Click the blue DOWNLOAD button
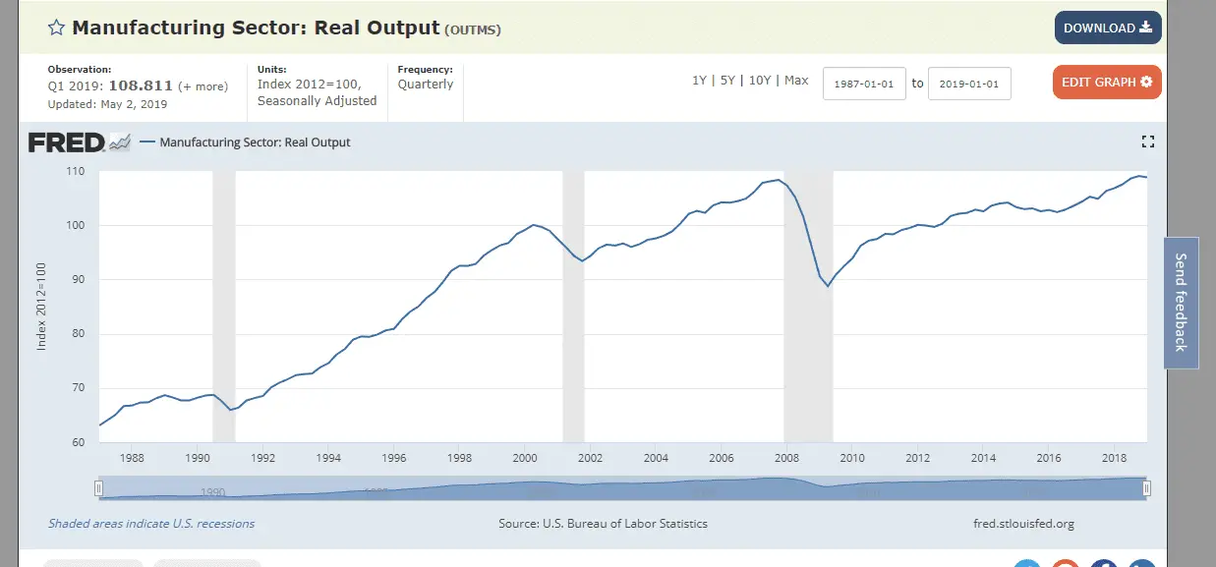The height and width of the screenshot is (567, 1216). coord(1108,28)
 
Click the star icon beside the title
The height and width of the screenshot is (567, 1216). coord(56,28)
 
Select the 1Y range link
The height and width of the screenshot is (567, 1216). coord(699,81)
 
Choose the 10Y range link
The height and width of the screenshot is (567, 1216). coord(760,81)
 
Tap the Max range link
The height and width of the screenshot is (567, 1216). coord(796,81)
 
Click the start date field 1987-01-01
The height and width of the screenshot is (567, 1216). coord(864,84)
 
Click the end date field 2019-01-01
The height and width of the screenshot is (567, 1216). coord(969,84)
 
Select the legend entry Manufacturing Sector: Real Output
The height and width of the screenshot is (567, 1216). coord(255,142)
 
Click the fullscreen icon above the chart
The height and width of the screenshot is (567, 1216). coord(1147,142)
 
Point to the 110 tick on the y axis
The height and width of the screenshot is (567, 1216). coord(76,172)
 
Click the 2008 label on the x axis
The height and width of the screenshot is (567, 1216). coord(785,458)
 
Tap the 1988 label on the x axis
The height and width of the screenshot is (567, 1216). coord(132,458)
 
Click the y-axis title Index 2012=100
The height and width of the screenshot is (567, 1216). coord(41,306)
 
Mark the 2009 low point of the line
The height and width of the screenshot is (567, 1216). coord(829,286)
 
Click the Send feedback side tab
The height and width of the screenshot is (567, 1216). coord(1181,303)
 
